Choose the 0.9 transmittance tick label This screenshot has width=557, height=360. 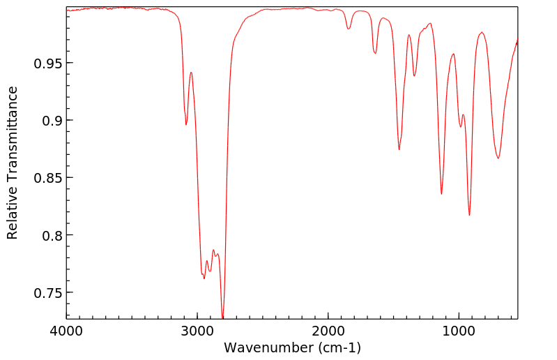(52, 121)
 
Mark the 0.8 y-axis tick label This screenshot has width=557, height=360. (52, 235)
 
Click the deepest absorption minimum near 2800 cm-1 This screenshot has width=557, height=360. (222, 317)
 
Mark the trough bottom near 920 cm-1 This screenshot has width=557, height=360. (469, 214)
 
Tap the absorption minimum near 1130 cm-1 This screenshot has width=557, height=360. (441, 193)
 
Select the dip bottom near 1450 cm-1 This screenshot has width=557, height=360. (399, 149)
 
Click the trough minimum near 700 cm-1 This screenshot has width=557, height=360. (498, 158)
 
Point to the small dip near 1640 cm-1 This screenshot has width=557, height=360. (375, 52)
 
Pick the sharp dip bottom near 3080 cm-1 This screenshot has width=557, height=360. (186, 124)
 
